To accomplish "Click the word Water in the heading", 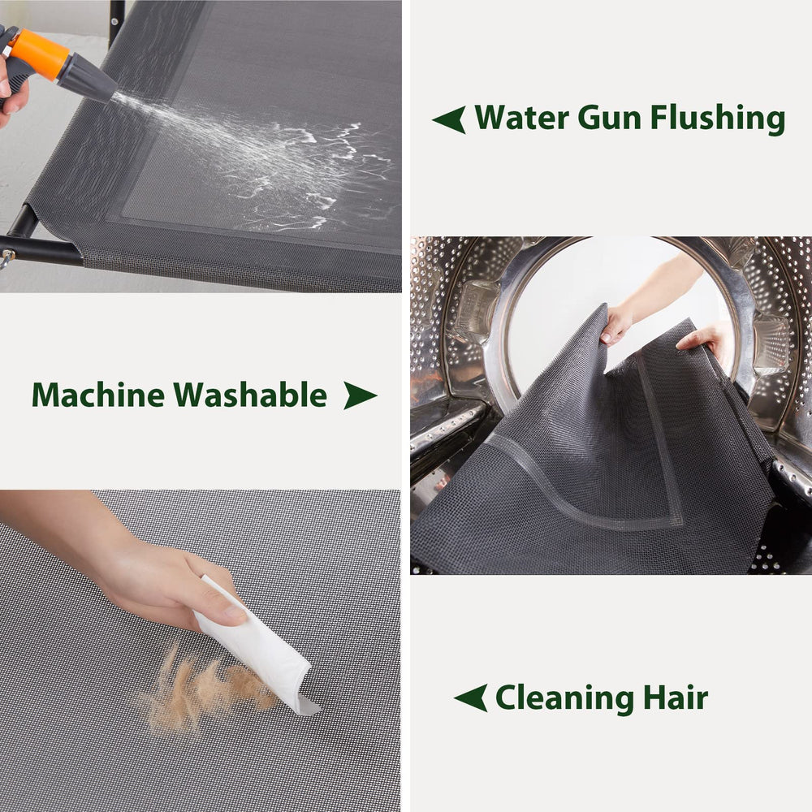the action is (x=522, y=117).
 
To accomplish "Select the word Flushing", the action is (x=718, y=119).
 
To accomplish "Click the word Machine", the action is (x=98, y=395).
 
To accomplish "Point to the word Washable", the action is (x=249, y=395).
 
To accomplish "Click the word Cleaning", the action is (x=565, y=698).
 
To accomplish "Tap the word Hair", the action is (x=676, y=697).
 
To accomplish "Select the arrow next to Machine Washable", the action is (x=360, y=395).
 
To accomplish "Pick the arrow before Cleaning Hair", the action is (x=470, y=698).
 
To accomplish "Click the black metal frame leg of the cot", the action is (x=41, y=251).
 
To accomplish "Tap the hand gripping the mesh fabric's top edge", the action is (x=616, y=323).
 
